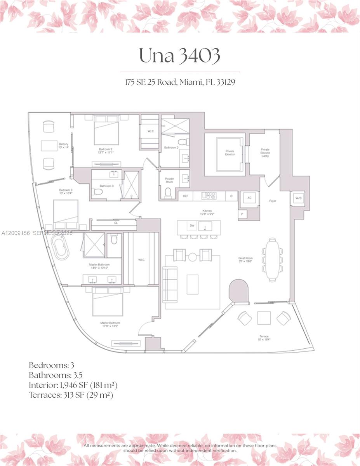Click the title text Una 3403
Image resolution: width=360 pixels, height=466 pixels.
point(179,56)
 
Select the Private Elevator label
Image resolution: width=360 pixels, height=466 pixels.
point(230,153)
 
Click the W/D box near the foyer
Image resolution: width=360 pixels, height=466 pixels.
point(298,198)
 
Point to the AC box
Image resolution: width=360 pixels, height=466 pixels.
point(249,198)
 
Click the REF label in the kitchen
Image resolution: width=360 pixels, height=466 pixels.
point(186,196)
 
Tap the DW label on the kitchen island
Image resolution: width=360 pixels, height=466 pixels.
point(191,225)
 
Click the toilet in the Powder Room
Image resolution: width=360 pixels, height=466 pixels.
point(168,193)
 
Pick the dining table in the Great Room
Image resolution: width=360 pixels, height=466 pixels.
point(272,259)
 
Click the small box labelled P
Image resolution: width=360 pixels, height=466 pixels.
point(242,214)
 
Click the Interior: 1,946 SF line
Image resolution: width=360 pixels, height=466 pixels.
point(73,385)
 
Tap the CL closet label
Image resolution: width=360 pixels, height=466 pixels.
point(116,223)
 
